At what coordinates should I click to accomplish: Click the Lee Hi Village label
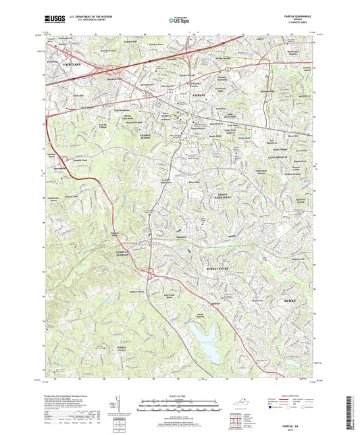[103, 126]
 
